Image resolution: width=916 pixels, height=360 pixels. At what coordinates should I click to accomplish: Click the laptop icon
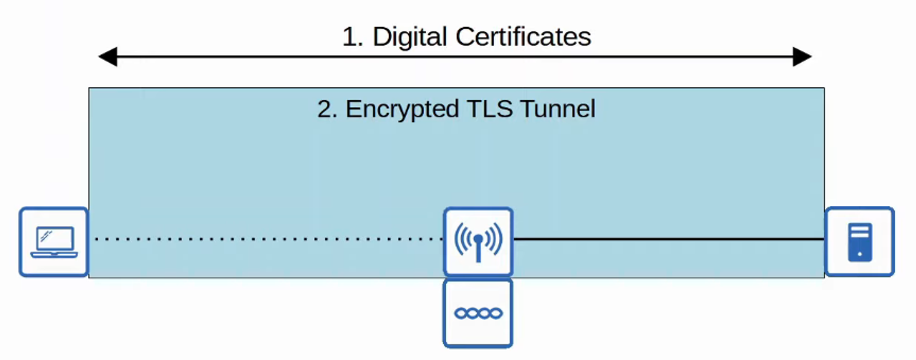pyautogui.click(x=54, y=242)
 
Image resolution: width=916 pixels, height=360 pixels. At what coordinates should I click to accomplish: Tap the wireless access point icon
pyautogui.click(x=478, y=241)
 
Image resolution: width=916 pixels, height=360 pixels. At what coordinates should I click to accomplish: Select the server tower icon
pyautogui.click(x=859, y=242)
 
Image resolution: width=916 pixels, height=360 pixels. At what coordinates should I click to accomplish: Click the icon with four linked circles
pyautogui.click(x=478, y=313)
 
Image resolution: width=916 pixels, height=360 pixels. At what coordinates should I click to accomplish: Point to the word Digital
pyautogui.click(x=410, y=37)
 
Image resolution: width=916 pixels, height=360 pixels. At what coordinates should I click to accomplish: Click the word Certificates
pyautogui.click(x=523, y=37)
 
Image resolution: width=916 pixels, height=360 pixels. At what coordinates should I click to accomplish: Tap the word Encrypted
pyautogui.click(x=402, y=109)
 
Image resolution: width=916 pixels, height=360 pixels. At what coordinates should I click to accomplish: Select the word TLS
pyautogui.click(x=490, y=109)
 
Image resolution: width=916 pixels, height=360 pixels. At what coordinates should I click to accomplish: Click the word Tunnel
pyautogui.click(x=558, y=109)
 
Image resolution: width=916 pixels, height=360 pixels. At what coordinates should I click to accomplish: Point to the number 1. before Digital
pyautogui.click(x=352, y=37)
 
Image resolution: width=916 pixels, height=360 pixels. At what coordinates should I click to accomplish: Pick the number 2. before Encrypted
pyautogui.click(x=327, y=109)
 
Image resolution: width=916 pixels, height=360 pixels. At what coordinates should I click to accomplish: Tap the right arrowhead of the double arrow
pyautogui.click(x=802, y=57)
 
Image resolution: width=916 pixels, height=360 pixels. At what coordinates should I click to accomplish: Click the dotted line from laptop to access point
pyautogui.click(x=265, y=239)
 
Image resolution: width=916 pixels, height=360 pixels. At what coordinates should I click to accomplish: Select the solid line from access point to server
pyautogui.click(x=667, y=239)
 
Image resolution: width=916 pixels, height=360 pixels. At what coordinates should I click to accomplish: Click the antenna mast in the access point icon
pyautogui.click(x=478, y=251)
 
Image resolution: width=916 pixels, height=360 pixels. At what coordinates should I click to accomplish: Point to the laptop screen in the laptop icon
pyautogui.click(x=55, y=239)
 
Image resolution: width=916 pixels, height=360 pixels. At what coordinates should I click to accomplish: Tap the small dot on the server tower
pyautogui.click(x=859, y=254)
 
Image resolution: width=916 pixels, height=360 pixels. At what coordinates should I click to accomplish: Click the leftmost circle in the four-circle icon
pyautogui.click(x=461, y=313)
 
